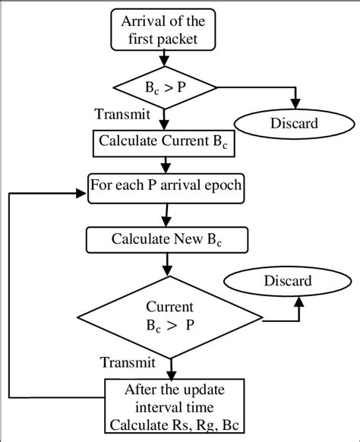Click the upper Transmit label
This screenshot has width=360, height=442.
121,115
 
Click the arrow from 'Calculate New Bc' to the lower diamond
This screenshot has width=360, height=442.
165,267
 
